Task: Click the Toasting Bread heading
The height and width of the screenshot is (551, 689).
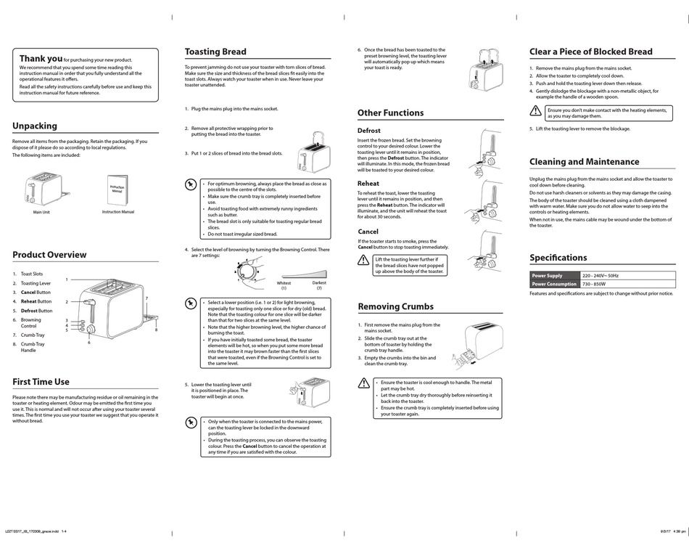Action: (215, 52)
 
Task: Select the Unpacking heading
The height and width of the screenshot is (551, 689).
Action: (34, 126)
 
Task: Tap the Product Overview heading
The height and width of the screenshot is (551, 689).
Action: (49, 255)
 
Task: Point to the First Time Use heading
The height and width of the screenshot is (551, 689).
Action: (41, 382)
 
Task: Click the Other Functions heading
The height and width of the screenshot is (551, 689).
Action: (390, 113)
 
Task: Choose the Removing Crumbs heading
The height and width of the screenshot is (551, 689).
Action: (395, 307)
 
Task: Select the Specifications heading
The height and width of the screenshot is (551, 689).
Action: (558, 258)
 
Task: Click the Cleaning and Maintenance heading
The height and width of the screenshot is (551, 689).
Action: (584, 162)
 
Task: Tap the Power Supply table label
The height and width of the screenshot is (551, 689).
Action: (548, 276)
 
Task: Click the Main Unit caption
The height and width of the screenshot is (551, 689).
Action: (41, 213)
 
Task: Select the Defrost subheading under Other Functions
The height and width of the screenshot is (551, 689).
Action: (368, 131)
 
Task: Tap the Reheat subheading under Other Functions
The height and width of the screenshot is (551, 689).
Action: (368, 184)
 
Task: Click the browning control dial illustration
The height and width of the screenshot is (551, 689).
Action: (247, 271)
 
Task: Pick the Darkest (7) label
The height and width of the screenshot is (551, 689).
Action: (318, 285)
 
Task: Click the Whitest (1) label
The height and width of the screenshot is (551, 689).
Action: (284, 285)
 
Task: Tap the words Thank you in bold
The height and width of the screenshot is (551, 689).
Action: (41, 59)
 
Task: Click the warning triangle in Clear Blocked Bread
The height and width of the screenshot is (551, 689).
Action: (535, 112)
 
